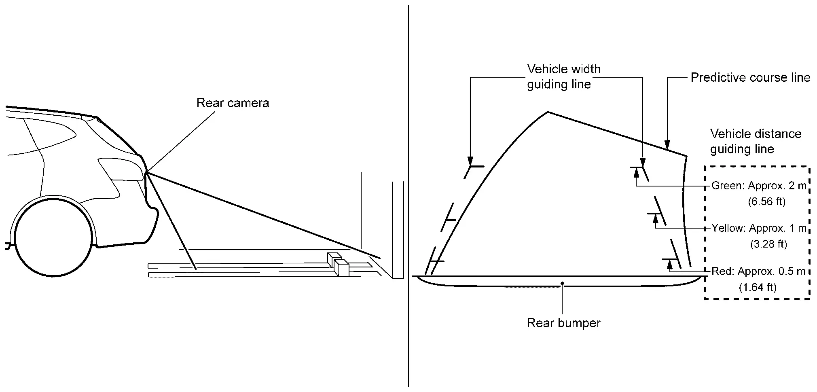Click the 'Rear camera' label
(x=233, y=103)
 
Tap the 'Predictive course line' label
(x=750, y=77)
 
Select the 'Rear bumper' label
(x=563, y=323)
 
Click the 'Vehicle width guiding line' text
(x=563, y=76)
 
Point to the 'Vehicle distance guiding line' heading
(x=756, y=141)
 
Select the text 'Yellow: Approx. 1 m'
(x=759, y=228)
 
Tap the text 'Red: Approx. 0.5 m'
(x=758, y=271)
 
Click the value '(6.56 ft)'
(x=767, y=201)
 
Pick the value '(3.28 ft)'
(x=768, y=244)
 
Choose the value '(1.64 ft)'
(x=758, y=287)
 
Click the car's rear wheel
(x=53, y=237)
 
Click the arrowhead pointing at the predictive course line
(x=667, y=144)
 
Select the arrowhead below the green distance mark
(x=636, y=172)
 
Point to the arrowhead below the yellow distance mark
(x=655, y=218)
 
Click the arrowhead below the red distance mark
(x=670, y=264)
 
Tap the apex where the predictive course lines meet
(x=548, y=112)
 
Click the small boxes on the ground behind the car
(x=339, y=264)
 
